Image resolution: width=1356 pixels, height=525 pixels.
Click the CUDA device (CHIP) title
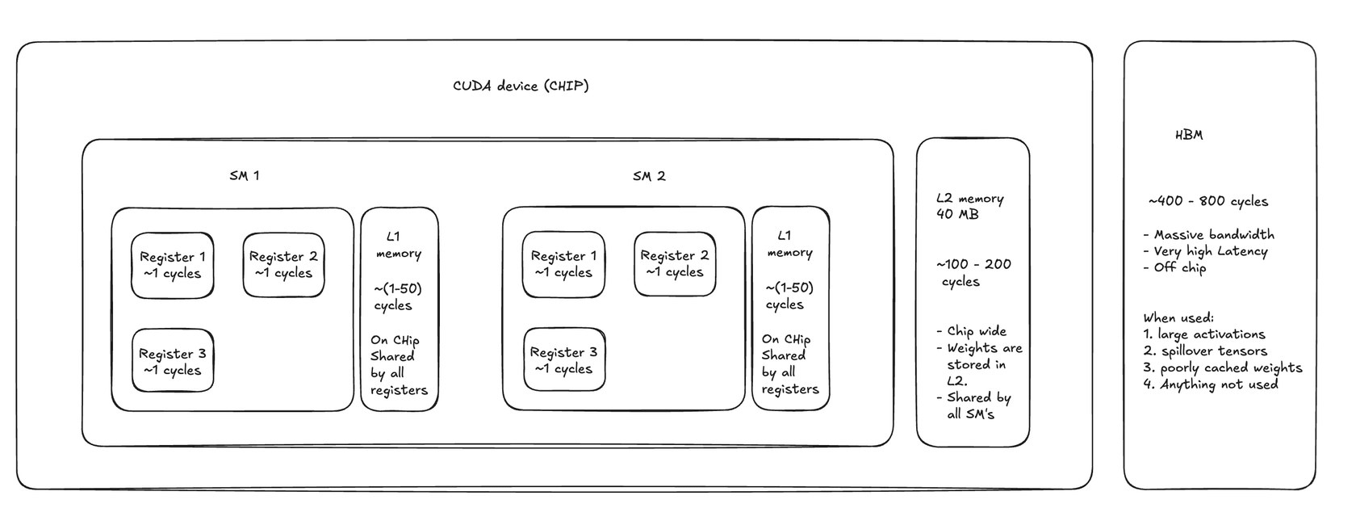521,86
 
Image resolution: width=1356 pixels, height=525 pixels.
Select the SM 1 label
244,175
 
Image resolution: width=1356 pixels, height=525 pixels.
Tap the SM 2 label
649,176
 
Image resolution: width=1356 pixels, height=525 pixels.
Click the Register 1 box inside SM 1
172,265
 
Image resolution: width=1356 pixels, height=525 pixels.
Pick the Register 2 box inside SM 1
283,264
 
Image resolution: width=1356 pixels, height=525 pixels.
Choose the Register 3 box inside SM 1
172,361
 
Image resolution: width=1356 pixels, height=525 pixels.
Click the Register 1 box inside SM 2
563,264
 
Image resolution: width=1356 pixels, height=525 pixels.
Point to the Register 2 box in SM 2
675,263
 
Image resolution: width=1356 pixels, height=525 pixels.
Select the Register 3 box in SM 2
563,360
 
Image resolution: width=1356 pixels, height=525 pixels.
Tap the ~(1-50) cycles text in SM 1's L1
397,296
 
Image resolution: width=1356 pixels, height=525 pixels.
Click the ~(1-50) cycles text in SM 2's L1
789,296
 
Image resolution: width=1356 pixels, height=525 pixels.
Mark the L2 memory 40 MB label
969,206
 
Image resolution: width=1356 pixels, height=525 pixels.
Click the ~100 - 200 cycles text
973,272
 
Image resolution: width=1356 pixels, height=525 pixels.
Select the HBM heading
1189,135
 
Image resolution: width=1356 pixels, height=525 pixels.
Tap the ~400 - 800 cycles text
1208,201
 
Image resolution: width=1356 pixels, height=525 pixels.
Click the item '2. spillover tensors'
1205,351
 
